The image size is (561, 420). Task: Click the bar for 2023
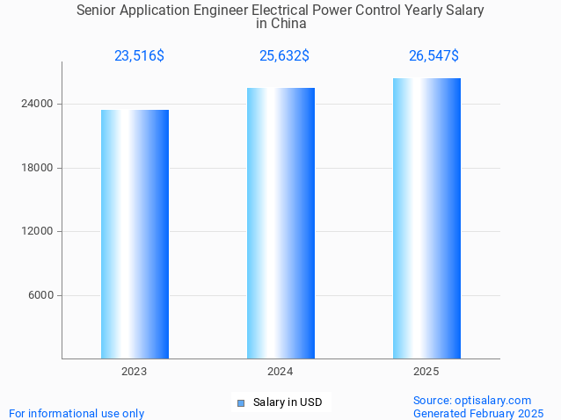click(135, 234)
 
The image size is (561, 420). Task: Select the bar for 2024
click(280, 223)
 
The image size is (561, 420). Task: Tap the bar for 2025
click(426, 218)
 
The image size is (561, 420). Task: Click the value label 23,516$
click(139, 56)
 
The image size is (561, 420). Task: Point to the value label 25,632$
click(284, 56)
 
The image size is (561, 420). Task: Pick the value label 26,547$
click(433, 56)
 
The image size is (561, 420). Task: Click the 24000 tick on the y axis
click(37, 104)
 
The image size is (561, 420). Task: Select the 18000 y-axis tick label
click(37, 168)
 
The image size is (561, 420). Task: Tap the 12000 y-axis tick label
click(37, 231)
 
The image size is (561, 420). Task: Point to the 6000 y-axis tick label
click(40, 295)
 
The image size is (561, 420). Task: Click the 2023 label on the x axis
click(135, 372)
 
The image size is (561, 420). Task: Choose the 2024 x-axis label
click(280, 372)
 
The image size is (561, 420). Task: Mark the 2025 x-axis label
click(426, 372)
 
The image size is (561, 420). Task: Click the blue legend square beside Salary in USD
click(240, 403)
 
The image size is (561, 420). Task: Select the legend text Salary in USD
click(288, 403)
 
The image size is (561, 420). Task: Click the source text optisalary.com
click(472, 401)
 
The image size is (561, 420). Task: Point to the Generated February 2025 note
click(478, 413)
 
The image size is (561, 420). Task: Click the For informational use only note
click(76, 413)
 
